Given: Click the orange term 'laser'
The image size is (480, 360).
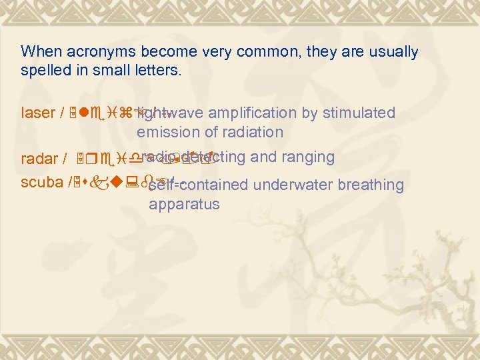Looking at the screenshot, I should tap(36, 113).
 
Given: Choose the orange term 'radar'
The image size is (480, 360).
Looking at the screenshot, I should tap(38, 159).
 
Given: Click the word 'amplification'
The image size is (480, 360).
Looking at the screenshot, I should tap(258, 113).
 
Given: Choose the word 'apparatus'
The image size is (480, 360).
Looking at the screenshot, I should tap(184, 204).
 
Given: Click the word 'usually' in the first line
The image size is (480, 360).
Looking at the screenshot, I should tap(395, 51).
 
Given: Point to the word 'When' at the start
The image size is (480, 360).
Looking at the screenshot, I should tap(36, 51).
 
